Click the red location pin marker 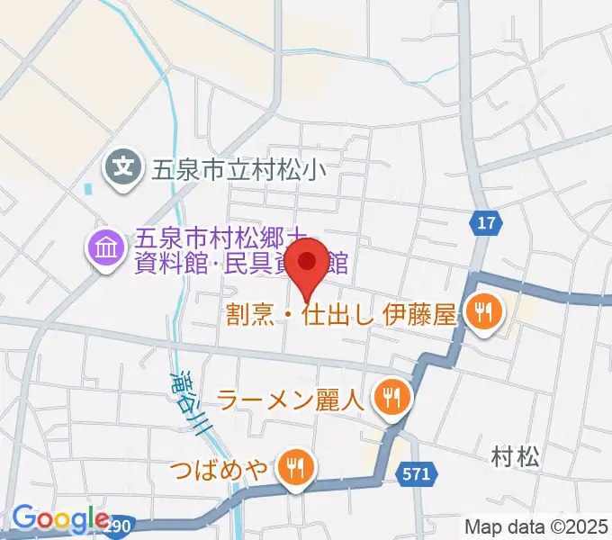pos(309,264)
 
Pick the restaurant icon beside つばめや pos(293,466)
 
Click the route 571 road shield pos(417,473)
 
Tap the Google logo pos(59,519)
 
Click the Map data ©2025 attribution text pos(536,526)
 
